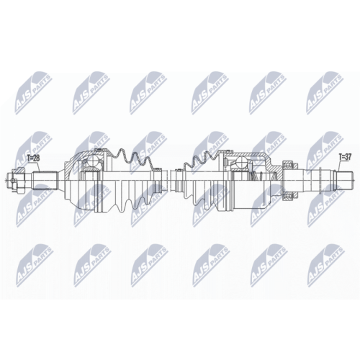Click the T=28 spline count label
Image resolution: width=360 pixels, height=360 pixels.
coord(33,158)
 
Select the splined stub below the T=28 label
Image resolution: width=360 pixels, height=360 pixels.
coord(45,180)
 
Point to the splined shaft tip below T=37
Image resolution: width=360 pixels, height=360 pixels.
coord(345,179)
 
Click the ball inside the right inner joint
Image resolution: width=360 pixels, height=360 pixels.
coord(242,163)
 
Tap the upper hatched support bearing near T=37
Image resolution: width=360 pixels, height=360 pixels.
coord(290,165)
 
